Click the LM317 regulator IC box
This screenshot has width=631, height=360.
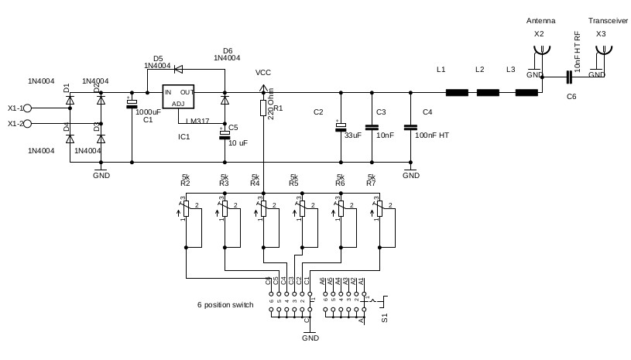pyautogui.click(x=178, y=98)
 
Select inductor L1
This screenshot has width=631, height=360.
pyautogui.click(x=457, y=93)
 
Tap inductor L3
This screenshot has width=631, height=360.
pyautogui.click(x=526, y=93)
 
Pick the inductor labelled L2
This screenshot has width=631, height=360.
pyautogui.click(x=488, y=93)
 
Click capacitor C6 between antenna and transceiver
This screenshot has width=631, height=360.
pyautogui.click(x=569, y=77)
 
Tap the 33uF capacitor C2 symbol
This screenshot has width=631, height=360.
pyautogui.click(x=340, y=126)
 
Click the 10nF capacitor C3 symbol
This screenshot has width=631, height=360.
pyautogui.click(x=372, y=126)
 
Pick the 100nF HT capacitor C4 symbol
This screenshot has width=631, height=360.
pyautogui.click(x=410, y=126)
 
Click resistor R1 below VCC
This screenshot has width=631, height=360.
pyautogui.click(x=263, y=108)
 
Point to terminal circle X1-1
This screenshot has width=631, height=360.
pyautogui.click(x=27, y=108)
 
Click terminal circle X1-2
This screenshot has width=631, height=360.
pyautogui.click(x=27, y=123)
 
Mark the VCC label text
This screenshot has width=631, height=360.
pyautogui.click(x=263, y=73)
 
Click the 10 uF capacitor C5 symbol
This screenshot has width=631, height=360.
pyautogui.click(x=225, y=134)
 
